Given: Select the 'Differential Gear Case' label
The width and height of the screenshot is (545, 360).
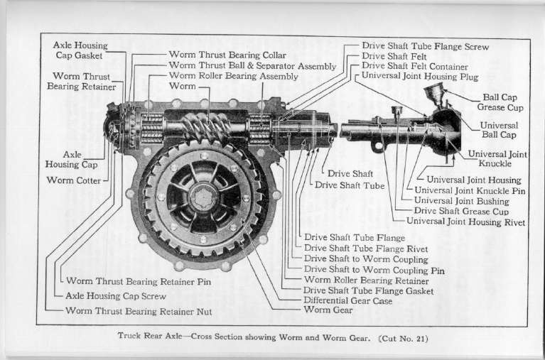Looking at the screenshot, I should coord(347,300).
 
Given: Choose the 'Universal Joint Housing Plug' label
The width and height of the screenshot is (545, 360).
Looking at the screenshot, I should coord(420,75).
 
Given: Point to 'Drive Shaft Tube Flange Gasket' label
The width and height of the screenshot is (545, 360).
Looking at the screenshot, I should coord(368,290).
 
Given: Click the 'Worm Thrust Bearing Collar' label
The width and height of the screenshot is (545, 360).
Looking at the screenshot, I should coord(227,55).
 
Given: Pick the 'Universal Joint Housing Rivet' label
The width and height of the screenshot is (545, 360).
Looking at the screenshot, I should coord(467,222).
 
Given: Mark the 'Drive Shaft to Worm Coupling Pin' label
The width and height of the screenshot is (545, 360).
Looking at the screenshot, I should coord(374,269).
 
